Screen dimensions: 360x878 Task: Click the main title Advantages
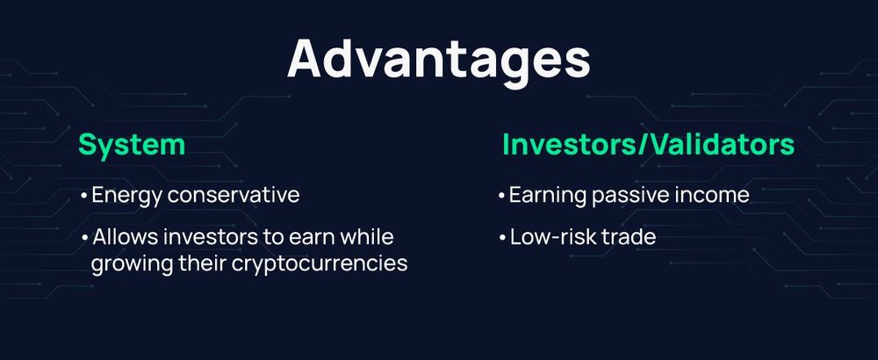tap(438, 59)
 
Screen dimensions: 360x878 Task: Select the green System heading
tap(132, 145)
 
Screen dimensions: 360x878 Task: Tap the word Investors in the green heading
tap(572, 145)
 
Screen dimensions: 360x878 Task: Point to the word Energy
tap(123, 196)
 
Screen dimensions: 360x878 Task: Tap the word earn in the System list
tap(297, 238)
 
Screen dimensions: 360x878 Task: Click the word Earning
tap(546, 196)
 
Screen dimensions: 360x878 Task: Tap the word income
tap(712, 195)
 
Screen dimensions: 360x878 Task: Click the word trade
tap(630, 238)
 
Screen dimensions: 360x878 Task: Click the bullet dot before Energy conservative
tap(83, 196)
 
